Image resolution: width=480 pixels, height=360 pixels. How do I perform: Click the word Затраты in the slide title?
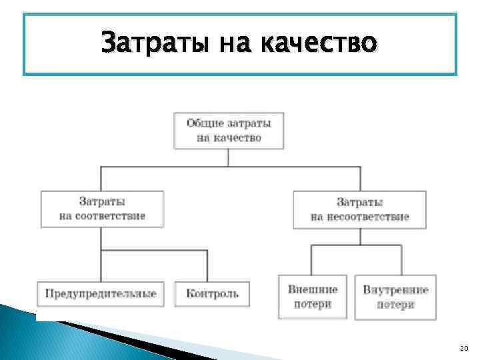(x=143, y=43)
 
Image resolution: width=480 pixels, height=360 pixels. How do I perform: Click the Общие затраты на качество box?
(x=229, y=130)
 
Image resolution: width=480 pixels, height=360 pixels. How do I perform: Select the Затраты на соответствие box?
(x=102, y=209)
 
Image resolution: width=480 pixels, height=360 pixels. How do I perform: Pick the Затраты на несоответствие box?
(x=359, y=209)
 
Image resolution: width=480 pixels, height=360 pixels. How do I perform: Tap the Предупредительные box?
(x=101, y=293)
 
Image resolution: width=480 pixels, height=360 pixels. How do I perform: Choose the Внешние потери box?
(x=313, y=297)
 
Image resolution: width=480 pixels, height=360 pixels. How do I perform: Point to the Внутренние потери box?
(x=395, y=297)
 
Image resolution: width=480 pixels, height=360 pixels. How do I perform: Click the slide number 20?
(x=464, y=349)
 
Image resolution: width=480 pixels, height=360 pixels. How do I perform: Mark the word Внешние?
(x=313, y=289)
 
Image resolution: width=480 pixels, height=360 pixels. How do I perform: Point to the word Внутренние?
(x=395, y=289)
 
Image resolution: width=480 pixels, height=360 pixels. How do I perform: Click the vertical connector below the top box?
(x=229, y=157)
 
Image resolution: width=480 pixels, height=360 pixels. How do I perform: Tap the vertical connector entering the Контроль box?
(x=207, y=266)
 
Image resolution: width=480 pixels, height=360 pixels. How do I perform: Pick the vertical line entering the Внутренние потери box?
(x=401, y=259)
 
